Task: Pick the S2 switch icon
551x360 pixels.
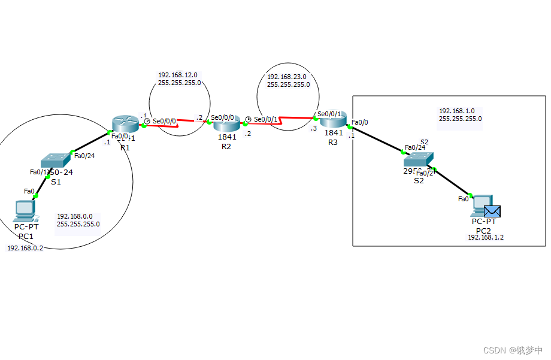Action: (418, 159)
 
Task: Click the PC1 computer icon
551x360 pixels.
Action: (25, 210)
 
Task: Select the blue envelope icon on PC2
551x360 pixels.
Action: (492, 211)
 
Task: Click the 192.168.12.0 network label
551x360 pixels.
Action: (178, 75)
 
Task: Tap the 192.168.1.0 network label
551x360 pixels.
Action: (457, 111)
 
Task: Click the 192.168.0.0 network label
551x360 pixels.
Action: (75, 216)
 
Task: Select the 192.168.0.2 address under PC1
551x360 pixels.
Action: (25, 247)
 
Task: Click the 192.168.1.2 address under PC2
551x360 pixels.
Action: (486, 237)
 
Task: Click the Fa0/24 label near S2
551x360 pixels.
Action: (415, 147)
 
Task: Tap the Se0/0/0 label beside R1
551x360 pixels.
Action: (165, 120)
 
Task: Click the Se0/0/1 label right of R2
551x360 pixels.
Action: (266, 119)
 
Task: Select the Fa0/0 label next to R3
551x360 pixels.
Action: (360, 122)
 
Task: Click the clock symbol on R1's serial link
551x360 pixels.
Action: (147, 121)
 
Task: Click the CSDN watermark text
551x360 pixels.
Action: (513, 350)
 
